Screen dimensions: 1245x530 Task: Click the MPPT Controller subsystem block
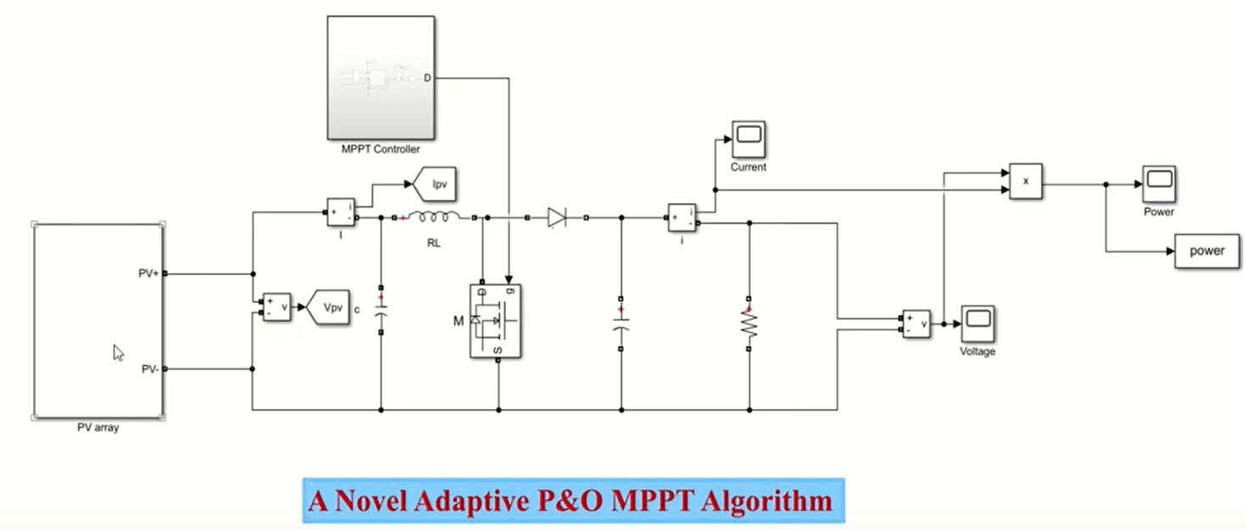(381, 77)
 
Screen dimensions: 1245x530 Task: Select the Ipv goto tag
(435, 184)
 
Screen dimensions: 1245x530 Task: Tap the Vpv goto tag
(329, 306)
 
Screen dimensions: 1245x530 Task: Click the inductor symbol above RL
(434, 217)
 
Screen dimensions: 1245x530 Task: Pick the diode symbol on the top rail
(556, 218)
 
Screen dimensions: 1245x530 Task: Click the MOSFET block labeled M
(495, 321)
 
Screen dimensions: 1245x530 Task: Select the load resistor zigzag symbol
(748, 323)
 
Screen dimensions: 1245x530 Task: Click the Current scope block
(748, 139)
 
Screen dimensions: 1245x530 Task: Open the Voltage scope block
(978, 323)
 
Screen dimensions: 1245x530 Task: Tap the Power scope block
(1159, 184)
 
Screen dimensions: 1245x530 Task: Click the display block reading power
(1207, 251)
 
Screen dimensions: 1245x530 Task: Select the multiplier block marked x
(1026, 181)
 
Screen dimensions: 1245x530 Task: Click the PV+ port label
(148, 273)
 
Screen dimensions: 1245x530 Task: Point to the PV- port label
(150, 369)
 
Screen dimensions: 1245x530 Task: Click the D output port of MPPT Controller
(427, 78)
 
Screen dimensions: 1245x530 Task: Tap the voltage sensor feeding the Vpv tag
(276, 306)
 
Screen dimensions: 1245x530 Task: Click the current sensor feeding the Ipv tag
(341, 212)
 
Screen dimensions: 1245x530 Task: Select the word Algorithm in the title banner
(766, 502)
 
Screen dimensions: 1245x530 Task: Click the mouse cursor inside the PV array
(118, 353)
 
